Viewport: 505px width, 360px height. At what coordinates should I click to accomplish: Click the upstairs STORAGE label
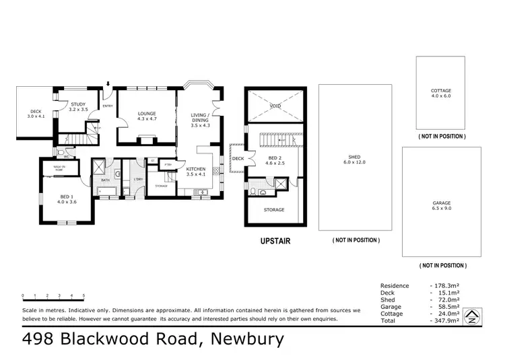pos(273,209)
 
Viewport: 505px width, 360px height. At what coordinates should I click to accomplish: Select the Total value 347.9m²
pos(446,320)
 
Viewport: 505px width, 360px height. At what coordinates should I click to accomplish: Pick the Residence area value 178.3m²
pos(446,285)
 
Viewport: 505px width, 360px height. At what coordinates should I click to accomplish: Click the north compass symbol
pos(473,315)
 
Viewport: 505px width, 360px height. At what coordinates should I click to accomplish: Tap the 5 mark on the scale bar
pos(83,295)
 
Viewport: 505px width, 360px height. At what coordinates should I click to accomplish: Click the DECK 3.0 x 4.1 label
pos(35,114)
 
